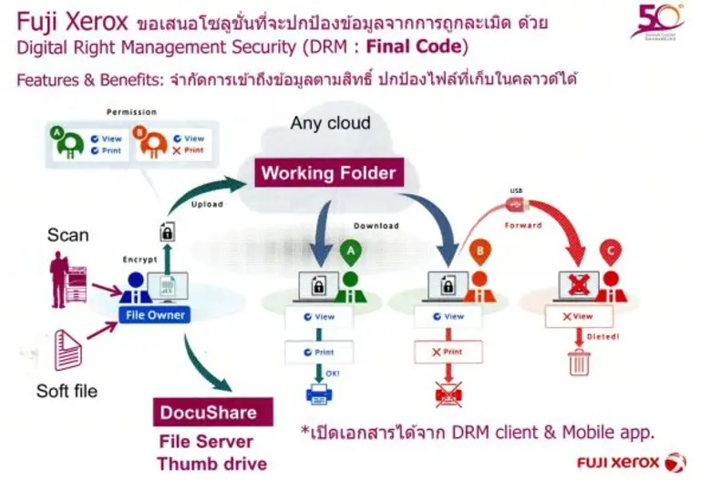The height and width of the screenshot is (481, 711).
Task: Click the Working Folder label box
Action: tap(329, 173)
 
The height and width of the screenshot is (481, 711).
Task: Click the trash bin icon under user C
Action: tap(579, 363)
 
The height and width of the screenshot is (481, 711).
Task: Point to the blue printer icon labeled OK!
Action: tap(316, 394)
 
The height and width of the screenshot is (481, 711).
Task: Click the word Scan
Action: tap(68, 236)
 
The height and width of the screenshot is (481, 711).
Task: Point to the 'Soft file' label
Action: tap(67, 392)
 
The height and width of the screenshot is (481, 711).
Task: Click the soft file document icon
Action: tap(67, 349)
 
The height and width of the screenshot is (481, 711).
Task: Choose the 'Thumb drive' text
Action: tap(211, 464)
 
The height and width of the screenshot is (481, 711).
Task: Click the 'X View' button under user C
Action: tap(578, 316)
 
